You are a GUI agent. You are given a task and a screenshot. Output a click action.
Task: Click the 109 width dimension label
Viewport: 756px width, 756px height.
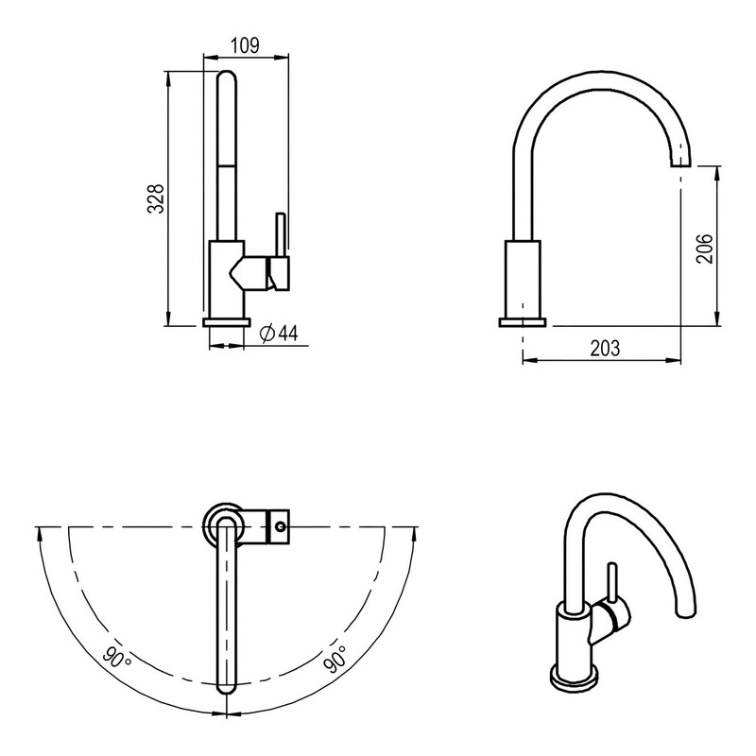[245, 45]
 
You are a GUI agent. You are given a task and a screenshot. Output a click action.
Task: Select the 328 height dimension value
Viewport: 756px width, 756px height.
[156, 198]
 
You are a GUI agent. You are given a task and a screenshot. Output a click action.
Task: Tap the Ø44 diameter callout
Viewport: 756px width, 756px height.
[279, 334]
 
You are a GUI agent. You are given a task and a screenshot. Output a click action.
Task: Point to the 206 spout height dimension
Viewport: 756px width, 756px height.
[704, 249]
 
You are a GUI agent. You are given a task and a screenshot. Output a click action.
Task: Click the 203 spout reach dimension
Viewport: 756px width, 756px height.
[605, 348]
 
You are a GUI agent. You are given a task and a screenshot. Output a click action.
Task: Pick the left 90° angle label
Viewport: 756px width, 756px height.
[115, 657]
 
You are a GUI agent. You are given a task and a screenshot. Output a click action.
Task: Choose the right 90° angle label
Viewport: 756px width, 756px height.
[335, 659]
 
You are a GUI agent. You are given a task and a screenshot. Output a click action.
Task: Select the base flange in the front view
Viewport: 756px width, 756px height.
[227, 322]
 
